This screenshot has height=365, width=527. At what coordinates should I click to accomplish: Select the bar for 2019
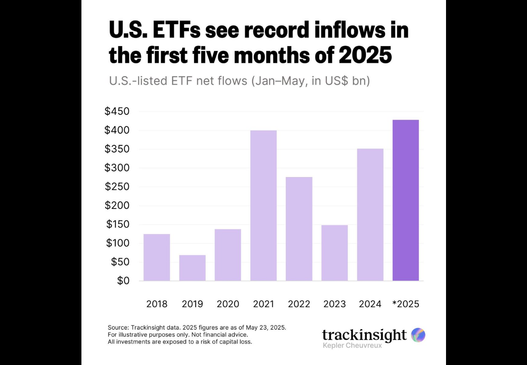[192, 268]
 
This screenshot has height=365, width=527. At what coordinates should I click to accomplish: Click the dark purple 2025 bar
[406, 200]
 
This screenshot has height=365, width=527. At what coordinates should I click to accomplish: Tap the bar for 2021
[263, 206]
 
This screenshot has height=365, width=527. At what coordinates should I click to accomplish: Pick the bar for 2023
[334, 253]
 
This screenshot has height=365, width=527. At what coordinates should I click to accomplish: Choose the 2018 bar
[157, 257]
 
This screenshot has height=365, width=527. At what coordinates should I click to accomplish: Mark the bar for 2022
[299, 229]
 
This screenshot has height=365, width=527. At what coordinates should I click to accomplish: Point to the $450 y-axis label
[117, 111]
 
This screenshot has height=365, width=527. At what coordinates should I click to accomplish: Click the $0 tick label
[123, 281]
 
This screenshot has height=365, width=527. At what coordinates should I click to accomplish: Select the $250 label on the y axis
[117, 187]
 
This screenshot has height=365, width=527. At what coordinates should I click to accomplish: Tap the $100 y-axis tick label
[117, 243]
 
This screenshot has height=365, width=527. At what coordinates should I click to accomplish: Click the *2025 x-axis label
[405, 304]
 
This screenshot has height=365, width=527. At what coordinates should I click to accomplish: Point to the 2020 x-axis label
[228, 304]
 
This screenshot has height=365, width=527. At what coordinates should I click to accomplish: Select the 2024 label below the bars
[370, 304]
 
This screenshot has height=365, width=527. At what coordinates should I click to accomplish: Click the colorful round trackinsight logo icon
[418, 335]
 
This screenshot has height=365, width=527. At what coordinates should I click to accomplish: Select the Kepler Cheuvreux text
[352, 346]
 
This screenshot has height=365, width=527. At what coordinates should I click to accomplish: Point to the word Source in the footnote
[119, 328]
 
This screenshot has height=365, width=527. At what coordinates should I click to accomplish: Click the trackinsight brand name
[364, 335]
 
